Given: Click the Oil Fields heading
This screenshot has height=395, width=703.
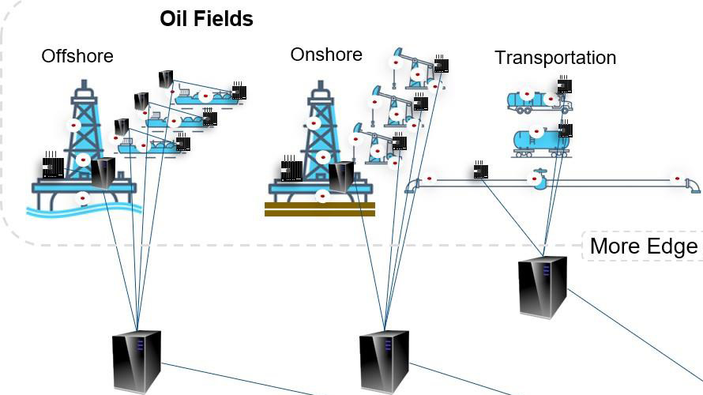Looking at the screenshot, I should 206,18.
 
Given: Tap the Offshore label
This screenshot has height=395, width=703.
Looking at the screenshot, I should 77,56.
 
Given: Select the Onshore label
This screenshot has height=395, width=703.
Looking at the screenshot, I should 326,55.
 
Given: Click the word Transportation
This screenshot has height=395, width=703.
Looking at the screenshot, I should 555,58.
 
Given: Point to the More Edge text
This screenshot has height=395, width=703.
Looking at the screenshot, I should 644,246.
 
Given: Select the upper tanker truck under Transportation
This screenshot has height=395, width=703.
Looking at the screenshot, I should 537,100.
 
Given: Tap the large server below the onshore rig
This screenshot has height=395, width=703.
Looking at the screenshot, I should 384,362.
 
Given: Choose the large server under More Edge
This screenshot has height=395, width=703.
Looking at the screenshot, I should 543,287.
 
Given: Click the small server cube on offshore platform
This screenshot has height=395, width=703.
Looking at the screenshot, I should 103,172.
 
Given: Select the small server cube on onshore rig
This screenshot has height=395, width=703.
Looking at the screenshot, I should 342,176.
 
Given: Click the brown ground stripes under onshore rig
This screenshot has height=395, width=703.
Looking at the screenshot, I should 320,209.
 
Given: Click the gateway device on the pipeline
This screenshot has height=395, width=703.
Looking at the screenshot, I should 480,170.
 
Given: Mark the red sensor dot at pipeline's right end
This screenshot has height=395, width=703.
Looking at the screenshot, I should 677,179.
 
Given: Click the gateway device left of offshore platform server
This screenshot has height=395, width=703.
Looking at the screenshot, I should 53,167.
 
